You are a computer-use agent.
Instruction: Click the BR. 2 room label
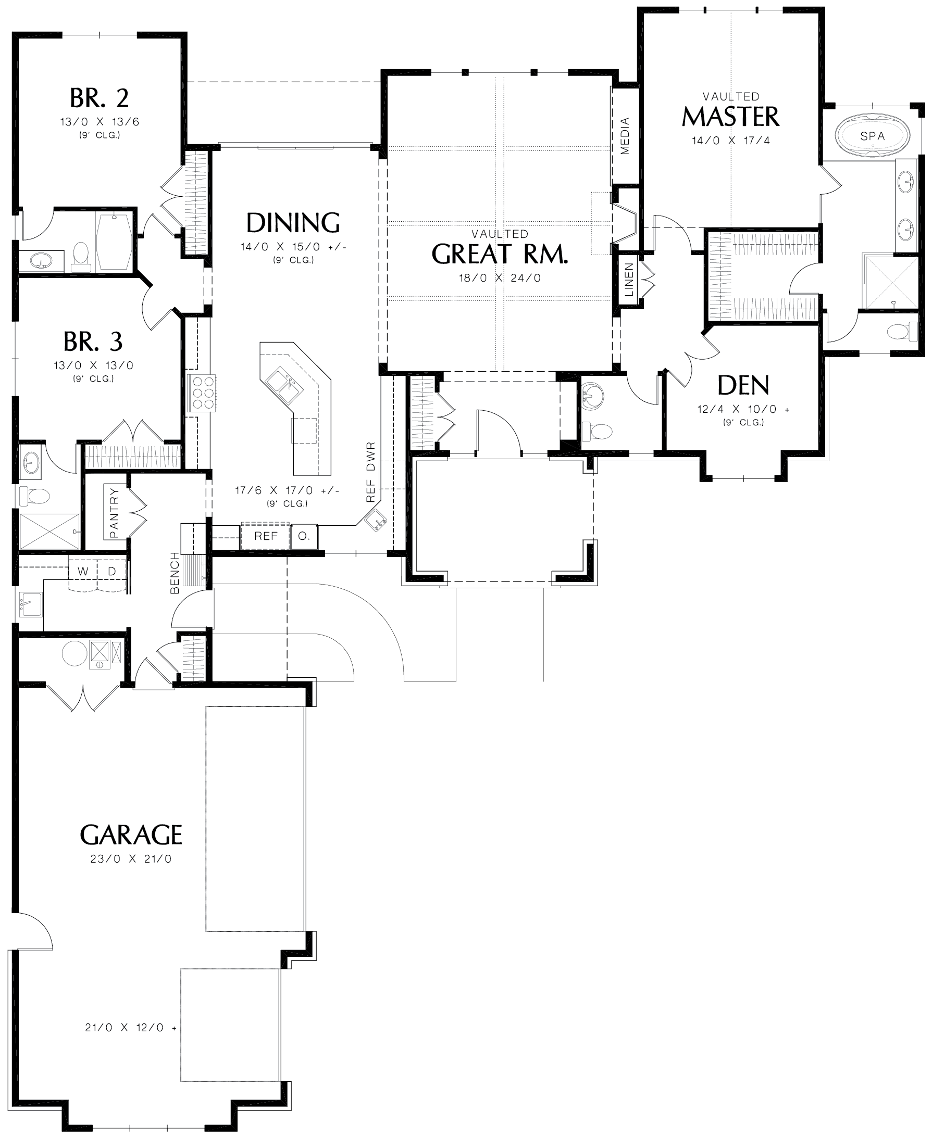100,98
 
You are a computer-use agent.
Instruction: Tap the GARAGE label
131,835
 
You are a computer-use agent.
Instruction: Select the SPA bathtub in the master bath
873,136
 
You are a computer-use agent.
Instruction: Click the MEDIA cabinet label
625,136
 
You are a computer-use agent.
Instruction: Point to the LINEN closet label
629,280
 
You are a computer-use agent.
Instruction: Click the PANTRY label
114,512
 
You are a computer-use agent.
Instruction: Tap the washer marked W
83,571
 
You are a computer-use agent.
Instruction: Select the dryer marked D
111,571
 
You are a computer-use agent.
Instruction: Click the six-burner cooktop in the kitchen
203,393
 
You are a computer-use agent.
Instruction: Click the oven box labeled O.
304,536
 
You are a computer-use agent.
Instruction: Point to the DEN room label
743,385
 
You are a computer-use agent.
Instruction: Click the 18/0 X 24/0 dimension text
499,278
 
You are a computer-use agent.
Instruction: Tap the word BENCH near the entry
175,573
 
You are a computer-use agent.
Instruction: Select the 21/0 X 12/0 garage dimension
130,1028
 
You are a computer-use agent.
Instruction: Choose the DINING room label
293,222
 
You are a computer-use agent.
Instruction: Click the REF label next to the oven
266,536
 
